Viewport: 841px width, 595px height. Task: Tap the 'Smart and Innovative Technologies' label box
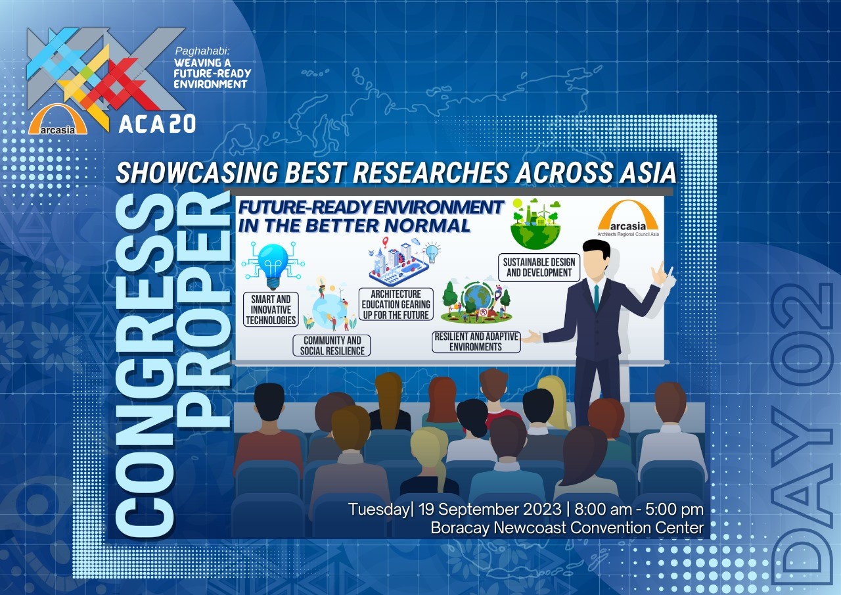pyautogui.click(x=271, y=310)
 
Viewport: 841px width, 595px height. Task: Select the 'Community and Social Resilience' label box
pyautogui.click(x=332, y=346)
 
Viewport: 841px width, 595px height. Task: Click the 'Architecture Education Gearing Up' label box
pyautogui.click(x=396, y=304)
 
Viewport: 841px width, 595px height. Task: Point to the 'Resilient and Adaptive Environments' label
pyautogui.click(x=476, y=342)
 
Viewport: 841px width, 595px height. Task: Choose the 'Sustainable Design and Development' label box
pyautogui.click(x=539, y=268)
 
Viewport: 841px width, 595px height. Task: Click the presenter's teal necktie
pyautogui.click(x=596, y=297)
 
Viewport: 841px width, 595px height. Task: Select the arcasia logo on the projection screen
pyautogui.click(x=627, y=218)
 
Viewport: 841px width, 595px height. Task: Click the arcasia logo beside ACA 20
pyautogui.click(x=58, y=120)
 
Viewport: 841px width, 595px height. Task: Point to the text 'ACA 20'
pyautogui.click(x=157, y=123)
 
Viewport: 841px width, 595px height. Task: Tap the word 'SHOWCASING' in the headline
pyautogui.click(x=196, y=173)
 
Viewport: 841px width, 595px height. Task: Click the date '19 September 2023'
pyautogui.click(x=489, y=510)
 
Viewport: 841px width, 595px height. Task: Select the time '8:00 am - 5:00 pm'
pyautogui.click(x=639, y=510)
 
